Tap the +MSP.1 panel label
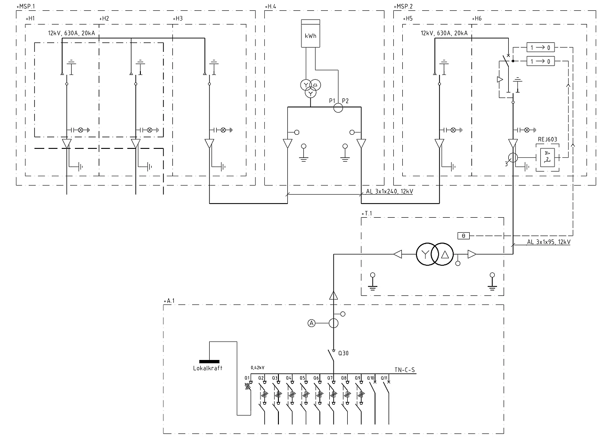pos(26,7)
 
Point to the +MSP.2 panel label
pos(403,7)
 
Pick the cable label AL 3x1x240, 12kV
pos(389,192)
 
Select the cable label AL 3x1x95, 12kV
pos(548,242)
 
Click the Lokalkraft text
pos(208,368)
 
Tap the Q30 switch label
pos(343,351)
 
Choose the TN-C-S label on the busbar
pos(405,370)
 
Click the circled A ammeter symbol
pos(311,323)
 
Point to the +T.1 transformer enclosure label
pos(367,213)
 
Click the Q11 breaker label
pos(384,378)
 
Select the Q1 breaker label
pos(246,378)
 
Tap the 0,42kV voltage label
pos(257,367)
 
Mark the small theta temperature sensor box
pos(463,235)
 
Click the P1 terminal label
pos(332,101)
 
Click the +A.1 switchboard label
pos(169,300)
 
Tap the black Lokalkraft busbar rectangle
pos(209,361)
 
